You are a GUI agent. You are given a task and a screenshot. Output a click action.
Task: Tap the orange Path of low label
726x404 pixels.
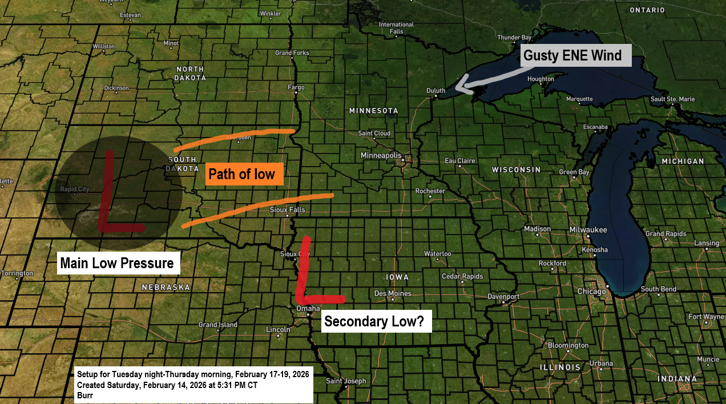(244, 173)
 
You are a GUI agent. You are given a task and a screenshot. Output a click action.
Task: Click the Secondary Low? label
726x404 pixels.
(374, 321)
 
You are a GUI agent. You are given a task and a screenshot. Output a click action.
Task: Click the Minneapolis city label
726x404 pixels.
(381, 156)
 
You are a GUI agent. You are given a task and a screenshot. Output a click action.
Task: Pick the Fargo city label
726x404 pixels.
(296, 88)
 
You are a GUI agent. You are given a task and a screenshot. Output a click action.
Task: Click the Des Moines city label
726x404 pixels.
(393, 293)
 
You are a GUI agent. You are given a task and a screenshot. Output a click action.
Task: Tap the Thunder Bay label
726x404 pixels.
(510, 38)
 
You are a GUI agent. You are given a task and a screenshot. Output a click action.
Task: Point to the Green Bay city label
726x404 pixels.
(574, 172)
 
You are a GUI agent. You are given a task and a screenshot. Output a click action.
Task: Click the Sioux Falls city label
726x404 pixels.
(287, 210)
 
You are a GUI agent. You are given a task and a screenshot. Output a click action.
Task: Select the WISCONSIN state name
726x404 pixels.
(516, 170)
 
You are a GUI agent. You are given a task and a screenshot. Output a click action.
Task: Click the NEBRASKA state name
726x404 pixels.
(166, 287)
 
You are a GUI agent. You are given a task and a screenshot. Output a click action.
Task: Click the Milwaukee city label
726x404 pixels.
(588, 230)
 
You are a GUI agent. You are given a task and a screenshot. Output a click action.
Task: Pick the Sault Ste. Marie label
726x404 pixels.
(673, 99)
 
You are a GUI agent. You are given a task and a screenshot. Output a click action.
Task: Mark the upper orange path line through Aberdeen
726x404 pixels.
(234, 137)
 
